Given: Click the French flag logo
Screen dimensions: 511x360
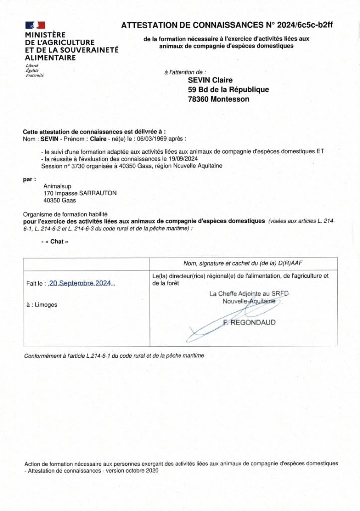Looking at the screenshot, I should (x=35, y=25).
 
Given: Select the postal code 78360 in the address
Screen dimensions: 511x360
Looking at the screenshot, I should (x=198, y=99).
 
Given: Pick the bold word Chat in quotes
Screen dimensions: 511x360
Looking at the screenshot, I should (x=56, y=241).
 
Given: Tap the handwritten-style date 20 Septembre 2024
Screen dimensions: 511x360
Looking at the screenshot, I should (x=82, y=283).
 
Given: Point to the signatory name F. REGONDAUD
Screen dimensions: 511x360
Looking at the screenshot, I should (x=249, y=323).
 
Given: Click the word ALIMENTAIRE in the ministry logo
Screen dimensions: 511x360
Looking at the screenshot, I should (x=50, y=58).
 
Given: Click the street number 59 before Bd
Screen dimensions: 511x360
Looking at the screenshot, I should (x=192, y=90).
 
